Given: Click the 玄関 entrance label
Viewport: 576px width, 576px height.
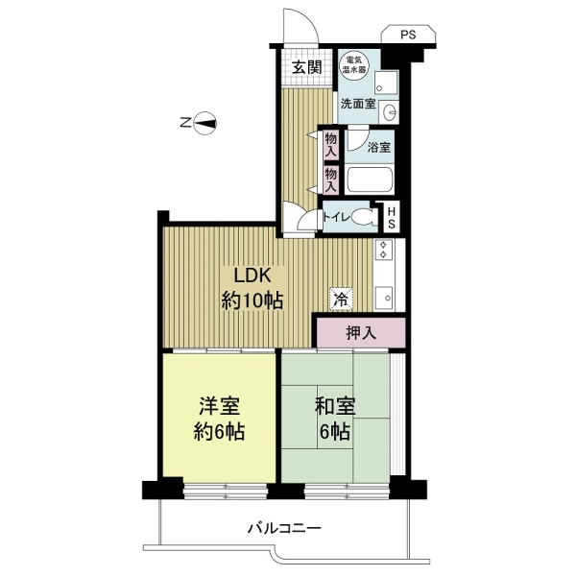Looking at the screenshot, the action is pos(307,67).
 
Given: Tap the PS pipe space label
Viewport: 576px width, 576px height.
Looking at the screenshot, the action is pos(408,35).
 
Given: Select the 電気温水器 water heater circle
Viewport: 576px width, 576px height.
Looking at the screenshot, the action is pos(354,65).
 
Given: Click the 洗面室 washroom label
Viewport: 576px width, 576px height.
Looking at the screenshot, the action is pos(358,104).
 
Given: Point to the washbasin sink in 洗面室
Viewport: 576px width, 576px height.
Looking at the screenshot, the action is pos(389,111).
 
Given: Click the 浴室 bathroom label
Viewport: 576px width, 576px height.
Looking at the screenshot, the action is pos(379,148).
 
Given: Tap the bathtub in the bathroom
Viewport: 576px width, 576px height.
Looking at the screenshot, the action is pos(370,180).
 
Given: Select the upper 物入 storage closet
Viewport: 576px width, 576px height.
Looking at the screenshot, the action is pos(331,145).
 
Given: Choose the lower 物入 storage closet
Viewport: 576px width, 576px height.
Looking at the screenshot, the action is pos(331,180).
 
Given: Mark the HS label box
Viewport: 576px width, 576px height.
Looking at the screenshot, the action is pos(392,217).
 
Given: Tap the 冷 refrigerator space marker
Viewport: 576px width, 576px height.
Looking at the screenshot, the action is pos(341,300).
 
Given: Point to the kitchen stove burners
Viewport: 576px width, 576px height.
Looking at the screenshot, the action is pos(383,250).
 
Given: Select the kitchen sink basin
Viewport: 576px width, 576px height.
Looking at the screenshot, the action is pos(384,297).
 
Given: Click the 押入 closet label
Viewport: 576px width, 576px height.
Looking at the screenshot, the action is pos(361,333).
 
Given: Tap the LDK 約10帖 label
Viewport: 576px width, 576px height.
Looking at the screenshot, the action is pos(252,288).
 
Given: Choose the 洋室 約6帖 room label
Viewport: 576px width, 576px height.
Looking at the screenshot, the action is pos(219,419).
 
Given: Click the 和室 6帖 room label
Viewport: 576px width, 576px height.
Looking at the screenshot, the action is pos(335,419).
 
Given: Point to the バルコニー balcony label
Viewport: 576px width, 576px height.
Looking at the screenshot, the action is pos(285,529).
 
